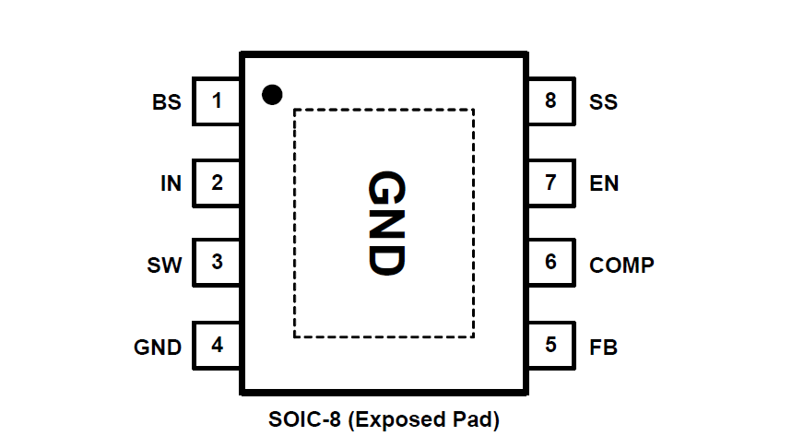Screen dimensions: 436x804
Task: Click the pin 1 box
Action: pyautogui.click(x=217, y=100)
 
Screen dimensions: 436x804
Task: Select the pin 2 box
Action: pyautogui.click(x=217, y=183)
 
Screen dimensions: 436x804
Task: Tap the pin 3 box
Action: pyautogui.click(x=217, y=263)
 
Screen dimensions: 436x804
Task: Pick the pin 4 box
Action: pyautogui.click(x=217, y=346)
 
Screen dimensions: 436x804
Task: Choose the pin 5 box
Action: pyautogui.click(x=550, y=346)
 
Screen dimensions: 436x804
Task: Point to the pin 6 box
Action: pyautogui.click(x=550, y=263)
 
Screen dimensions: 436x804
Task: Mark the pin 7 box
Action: pyautogui.click(x=550, y=183)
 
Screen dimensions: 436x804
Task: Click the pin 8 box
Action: pyautogui.click(x=550, y=100)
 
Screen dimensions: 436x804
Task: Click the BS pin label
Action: pyautogui.click(x=167, y=102)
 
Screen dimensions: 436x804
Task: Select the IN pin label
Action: pyautogui.click(x=171, y=183)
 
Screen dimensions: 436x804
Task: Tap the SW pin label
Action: pyautogui.click(x=164, y=265)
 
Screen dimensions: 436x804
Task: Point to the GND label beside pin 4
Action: pyautogui.click(x=158, y=348)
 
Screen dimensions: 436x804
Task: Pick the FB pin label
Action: pyautogui.click(x=603, y=348)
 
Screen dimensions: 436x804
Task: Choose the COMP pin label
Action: pyautogui.click(x=621, y=265)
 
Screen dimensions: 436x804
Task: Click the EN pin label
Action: pyautogui.click(x=604, y=183)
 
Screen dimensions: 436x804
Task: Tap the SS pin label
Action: pyautogui.click(x=603, y=102)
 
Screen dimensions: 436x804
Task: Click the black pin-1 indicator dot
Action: pyautogui.click(x=271, y=94)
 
